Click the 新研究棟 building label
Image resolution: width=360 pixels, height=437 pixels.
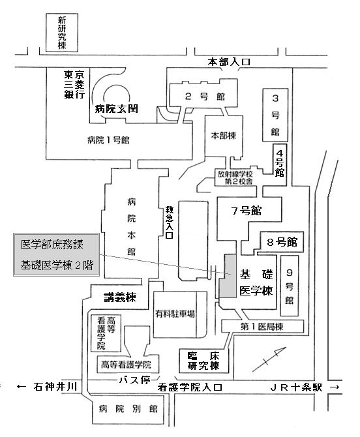click(x=62, y=33)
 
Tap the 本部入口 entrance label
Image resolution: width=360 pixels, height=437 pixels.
click(x=229, y=62)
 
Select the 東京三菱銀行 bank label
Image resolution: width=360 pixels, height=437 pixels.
click(x=74, y=84)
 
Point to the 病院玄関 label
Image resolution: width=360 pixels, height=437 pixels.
click(x=117, y=108)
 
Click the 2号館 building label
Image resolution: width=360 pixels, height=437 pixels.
click(x=205, y=97)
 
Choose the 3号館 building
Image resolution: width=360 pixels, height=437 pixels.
click(x=275, y=115)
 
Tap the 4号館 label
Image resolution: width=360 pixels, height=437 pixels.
click(x=280, y=163)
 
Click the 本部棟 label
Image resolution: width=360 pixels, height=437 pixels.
click(x=224, y=136)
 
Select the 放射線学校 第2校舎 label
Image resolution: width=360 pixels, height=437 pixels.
click(x=235, y=177)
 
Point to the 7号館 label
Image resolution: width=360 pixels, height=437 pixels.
click(x=247, y=211)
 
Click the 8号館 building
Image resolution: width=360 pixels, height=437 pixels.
click(x=282, y=242)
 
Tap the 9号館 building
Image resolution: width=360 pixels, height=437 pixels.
click(x=289, y=286)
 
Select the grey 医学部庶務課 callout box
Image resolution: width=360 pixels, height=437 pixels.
click(x=56, y=255)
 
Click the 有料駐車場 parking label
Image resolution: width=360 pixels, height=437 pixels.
click(x=175, y=314)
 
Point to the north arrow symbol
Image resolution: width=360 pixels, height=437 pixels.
click(x=269, y=359)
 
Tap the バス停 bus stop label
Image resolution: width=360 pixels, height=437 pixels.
click(x=135, y=380)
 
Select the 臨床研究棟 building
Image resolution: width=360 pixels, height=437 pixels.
click(x=203, y=361)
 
